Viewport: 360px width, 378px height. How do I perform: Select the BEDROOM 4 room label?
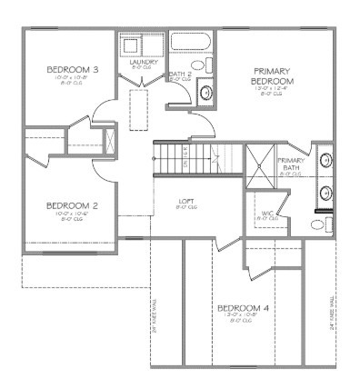coord(243,308)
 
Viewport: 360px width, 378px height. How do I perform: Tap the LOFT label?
coord(185,201)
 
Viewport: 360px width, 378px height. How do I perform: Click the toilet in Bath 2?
coord(209,65)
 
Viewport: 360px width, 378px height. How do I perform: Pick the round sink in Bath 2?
coord(205,92)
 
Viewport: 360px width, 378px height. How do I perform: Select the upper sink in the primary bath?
coord(325,162)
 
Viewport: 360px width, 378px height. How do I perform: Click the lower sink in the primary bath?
coord(325,192)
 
